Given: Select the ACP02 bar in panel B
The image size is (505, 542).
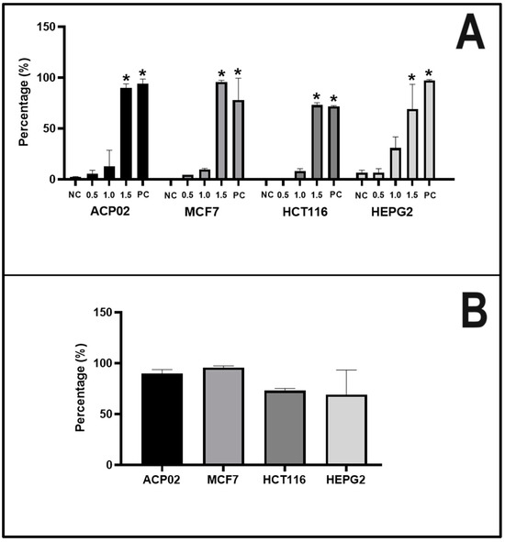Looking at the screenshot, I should (x=161, y=419).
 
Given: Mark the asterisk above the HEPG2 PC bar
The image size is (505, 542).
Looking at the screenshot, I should (x=429, y=72).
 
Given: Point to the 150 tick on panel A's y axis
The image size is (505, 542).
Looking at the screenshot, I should (x=53, y=27).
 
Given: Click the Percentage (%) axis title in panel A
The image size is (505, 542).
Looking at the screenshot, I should (x=24, y=103).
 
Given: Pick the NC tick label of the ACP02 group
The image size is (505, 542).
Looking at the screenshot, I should (x=75, y=194).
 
